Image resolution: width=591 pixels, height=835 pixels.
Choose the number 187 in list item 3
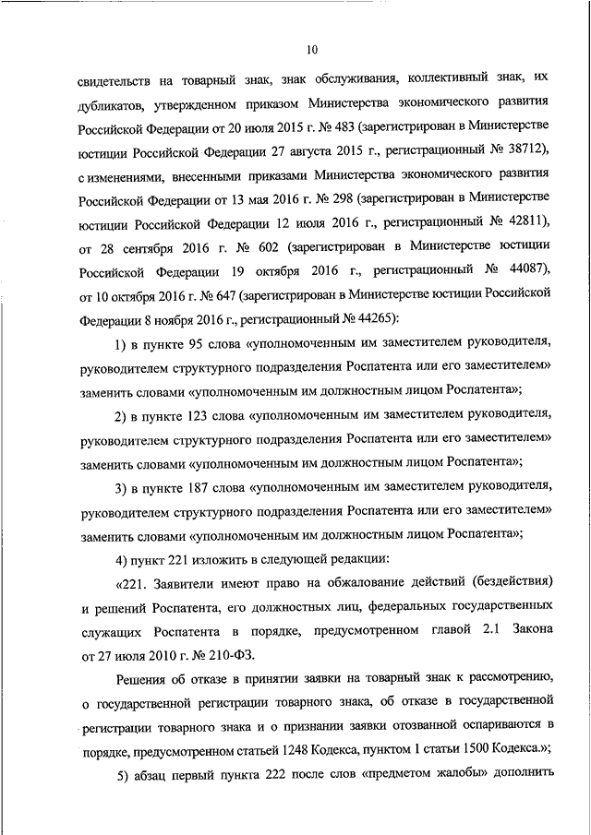[198, 486]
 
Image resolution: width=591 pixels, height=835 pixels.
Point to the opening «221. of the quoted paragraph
[132, 583]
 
